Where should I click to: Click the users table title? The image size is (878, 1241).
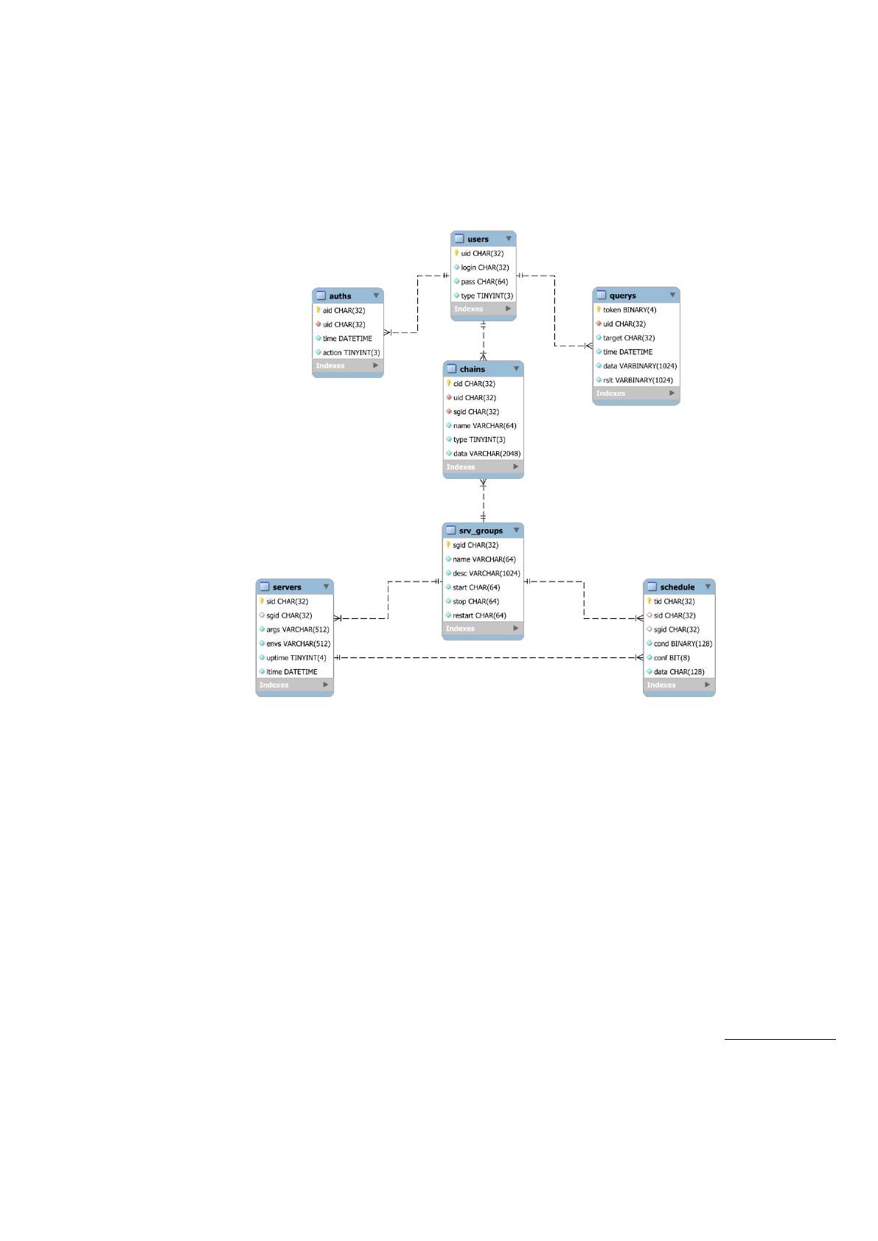point(478,240)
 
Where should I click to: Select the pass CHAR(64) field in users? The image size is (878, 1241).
point(484,282)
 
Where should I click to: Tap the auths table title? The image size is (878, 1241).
point(340,296)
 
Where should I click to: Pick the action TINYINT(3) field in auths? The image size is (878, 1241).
point(352,352)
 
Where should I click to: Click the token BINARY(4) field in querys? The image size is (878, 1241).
point(630,310)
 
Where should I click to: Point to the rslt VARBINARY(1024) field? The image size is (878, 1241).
point(638,380)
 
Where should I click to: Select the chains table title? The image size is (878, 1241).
point(473,369)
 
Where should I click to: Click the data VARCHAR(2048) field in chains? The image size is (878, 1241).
point(487,454)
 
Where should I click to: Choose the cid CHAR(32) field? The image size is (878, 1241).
point(475,383)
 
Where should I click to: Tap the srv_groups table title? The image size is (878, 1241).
point(481,531)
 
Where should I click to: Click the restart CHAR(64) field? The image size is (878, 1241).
point(479,615)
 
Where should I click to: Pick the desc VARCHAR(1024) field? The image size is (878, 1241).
point(486,573)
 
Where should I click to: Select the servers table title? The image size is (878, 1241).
point(287,587)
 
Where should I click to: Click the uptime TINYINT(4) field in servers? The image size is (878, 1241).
point(296,658)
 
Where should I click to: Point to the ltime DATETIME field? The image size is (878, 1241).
point(291,672)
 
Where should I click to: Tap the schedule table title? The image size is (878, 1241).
point(677,587)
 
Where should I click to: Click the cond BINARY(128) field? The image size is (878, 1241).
point(683,644)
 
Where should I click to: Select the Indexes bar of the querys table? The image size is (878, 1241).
point(635,394)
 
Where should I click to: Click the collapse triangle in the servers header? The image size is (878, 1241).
point(326,587)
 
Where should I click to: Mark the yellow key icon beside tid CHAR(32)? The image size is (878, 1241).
point(649,601)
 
